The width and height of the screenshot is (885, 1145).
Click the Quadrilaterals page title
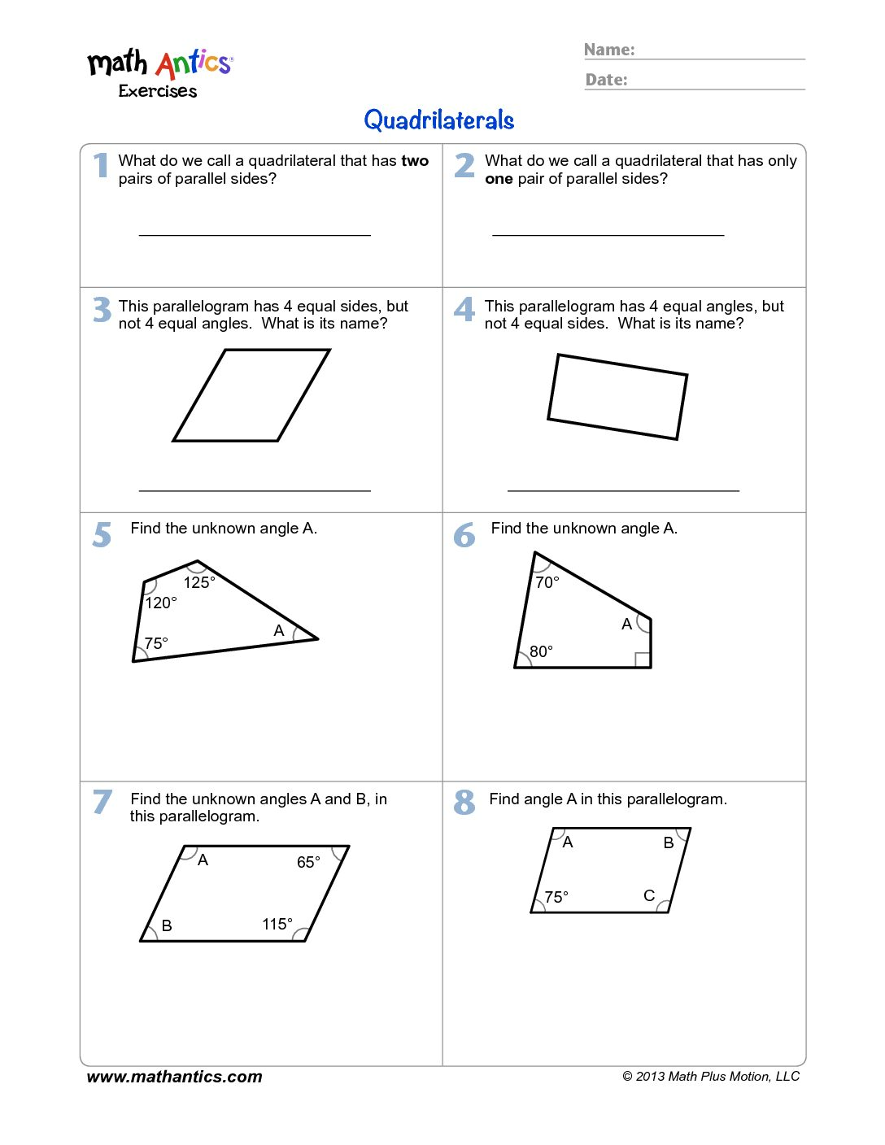click(x=438, y=120)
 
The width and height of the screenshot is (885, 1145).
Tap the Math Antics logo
click(x=160, y=72)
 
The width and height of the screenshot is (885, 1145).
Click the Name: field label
click(x=609, y=50)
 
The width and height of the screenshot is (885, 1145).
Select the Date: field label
click(x=607, y=80)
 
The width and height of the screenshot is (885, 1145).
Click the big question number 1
click(x=101, y=164)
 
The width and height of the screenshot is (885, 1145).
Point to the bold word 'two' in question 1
click(x=415, y=161)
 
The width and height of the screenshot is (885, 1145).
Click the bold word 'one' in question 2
click(x=499, y=179)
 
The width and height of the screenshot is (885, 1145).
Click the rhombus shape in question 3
click(x=251, y=395)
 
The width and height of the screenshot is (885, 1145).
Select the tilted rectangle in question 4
click(x=617, y=397)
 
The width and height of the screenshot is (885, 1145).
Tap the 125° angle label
click(x=198, y=582)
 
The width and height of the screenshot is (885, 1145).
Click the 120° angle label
click(x=160, y=603)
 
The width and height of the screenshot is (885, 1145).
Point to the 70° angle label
click(x=547, y=582)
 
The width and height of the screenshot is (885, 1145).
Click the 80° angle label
click(x=541, y=651)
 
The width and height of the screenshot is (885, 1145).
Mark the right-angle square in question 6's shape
click(x=643, y=660)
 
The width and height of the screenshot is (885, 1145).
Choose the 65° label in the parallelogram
click(x=308, y=862)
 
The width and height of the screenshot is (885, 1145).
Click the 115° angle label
click(x=277, y=924)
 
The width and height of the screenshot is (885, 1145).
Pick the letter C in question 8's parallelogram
click(x=649, y=895)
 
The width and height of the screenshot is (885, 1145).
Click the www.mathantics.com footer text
click(x=174, y=1077)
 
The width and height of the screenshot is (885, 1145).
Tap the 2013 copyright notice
click(x=711, y=1077)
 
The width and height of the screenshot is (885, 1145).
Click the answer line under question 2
click(x=608, y=235)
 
